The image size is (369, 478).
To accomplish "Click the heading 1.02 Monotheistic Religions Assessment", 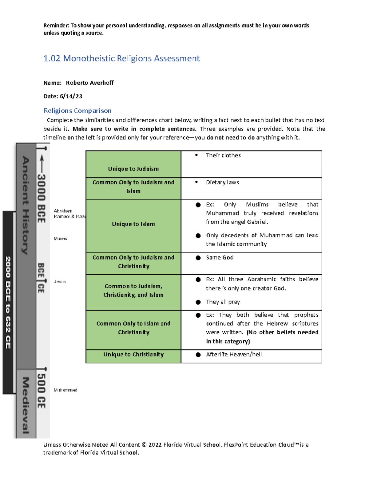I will pyautogui.click(x=121, y=58).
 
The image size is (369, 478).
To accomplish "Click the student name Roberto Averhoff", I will pyautogui.click(x=89, y=83).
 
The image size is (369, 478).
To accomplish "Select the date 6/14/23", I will pyautogui.click(x=71, y=96).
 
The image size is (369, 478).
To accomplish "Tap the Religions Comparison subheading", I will pyautogui.click(x=77, y=111).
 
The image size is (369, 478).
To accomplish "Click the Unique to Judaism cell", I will pyautogui.click(x=133, y=169).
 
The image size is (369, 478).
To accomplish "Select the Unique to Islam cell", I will pyautogui.click(x=133, y=224).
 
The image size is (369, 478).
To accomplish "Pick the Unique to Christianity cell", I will pyautogui.click(x=133, y=355).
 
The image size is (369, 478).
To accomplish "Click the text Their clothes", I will pyautogui.click(x=223, y=155).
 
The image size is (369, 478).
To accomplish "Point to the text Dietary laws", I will pyautogui.click(x=222, y=183).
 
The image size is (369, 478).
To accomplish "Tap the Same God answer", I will pyautogui.click(x=220, y=258).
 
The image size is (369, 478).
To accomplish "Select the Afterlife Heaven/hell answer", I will pyautogui.click(x=234, y=355).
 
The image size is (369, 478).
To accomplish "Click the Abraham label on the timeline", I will pyautogui.click(x=63, y=211).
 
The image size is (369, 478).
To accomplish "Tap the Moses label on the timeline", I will pyautogui.click(x=60, y=239).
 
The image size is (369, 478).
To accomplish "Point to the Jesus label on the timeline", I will pyautogui.click(x=60, y=282).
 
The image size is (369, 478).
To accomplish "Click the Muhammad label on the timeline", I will pyautogui.click(x=65, y=390).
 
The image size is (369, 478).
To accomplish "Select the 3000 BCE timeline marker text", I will pyautogui.click(x=41, y=199).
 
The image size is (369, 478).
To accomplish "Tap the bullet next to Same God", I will pyautogui.click(x=198, y=258).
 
